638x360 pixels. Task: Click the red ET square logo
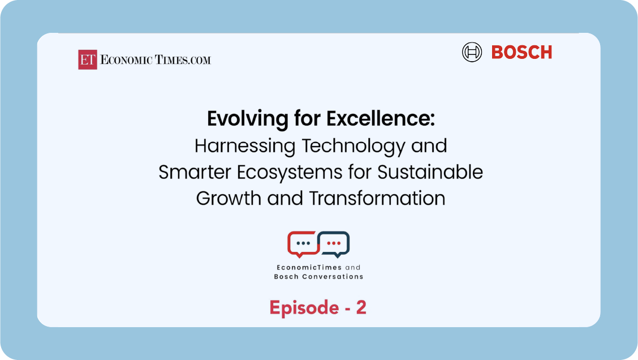pos(88,59)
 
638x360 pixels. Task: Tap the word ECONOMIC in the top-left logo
pos(126,60)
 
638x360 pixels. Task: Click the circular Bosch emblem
pos(472,52)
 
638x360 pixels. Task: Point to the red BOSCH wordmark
pos(521,52)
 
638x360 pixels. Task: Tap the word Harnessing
pos(245,146)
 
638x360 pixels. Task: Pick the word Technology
pos(354,146)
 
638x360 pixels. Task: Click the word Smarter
pos(195,172)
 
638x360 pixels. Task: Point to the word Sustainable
pos(430,172)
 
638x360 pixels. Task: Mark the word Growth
pos(229,198)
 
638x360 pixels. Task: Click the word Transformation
pos(377,198)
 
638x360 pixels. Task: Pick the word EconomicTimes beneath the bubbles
pos(304,268)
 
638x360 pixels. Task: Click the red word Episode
pos(304,308)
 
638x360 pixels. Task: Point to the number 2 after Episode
pos(361,307)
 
